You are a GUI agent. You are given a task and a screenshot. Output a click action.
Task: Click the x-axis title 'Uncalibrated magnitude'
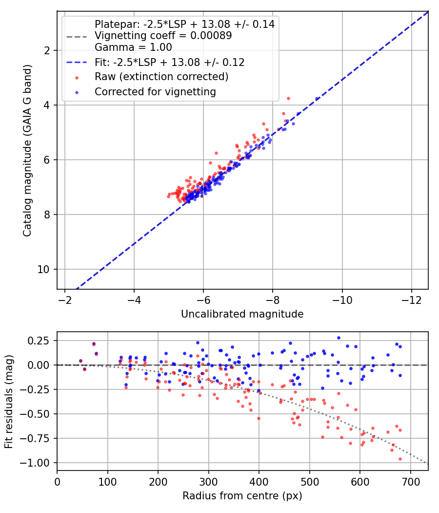click(242, 314)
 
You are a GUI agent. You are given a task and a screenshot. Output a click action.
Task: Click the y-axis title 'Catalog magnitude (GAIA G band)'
click(27, 150)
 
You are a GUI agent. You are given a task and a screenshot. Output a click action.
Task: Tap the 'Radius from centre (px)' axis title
click(242, 496)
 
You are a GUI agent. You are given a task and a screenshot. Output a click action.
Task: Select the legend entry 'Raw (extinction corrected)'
click(161, 77)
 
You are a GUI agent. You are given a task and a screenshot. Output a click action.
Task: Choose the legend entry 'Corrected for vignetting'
click(155, 92)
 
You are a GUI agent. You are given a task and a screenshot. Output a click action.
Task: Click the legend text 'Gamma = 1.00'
click(133, 47)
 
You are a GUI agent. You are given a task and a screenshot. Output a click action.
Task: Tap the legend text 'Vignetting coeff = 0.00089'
click(163, 35)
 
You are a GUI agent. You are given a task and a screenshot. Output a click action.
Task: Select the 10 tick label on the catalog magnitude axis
click(43, 269)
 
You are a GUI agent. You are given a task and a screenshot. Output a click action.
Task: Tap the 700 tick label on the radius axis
click(410, 482)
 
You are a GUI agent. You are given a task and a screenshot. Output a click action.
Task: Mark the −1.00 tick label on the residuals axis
click(35, 463)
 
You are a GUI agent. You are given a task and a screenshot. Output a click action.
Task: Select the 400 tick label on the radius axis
click(259, 482)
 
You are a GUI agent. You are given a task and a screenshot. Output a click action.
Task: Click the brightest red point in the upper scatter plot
click(288, 99)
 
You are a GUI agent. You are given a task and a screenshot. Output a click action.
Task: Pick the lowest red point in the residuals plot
click(400, 459)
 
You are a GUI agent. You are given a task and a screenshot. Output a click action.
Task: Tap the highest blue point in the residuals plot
click(339, 338)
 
